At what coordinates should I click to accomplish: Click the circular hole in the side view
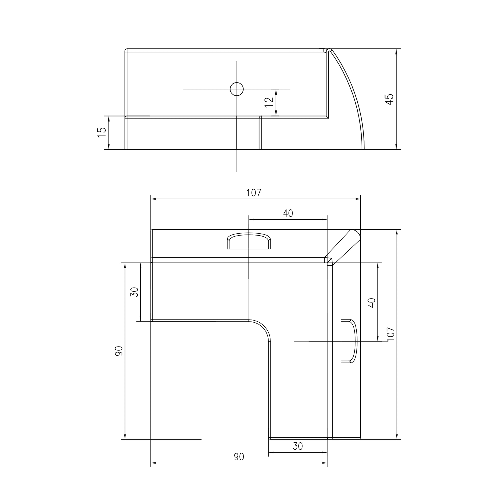coord(237,89)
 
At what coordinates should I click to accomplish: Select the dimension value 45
coord(389,99)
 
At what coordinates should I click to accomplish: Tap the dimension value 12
coord(269,102)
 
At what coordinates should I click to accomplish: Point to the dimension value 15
coord(102,132)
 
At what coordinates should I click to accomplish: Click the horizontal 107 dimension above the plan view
coord(254,193)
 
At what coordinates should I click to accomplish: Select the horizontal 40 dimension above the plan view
coord(288,213)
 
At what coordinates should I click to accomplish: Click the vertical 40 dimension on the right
coord(372,303)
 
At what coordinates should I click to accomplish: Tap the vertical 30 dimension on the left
coord(135,292)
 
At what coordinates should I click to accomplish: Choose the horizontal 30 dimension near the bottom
coord(298,446)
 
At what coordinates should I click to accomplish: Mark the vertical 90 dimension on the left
coord(119,351)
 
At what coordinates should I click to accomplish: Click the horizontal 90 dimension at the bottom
coord(239,457)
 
